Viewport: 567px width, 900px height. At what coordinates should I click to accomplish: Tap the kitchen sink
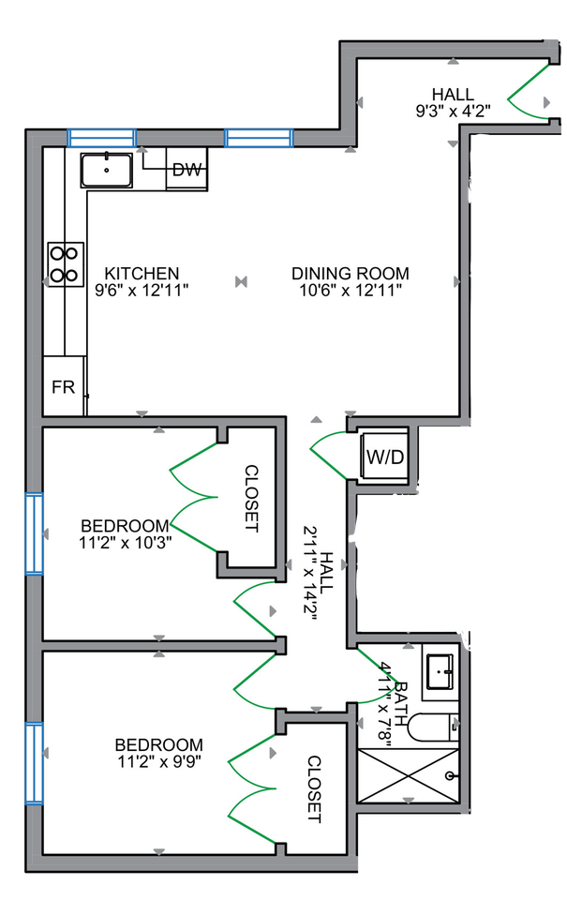(x=108, y=171)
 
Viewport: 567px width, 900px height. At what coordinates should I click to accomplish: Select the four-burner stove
(x=65, y=263)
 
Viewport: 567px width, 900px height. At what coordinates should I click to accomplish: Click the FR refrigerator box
(x=64, y=386)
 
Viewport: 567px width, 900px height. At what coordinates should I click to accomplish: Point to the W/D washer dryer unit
(x=384, y=458)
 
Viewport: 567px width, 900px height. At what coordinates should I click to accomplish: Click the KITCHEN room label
(x=142, y=274)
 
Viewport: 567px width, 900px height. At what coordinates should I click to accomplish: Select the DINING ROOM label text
(x=350, y=274)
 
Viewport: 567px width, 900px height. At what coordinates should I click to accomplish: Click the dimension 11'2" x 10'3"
(x=125, y=541)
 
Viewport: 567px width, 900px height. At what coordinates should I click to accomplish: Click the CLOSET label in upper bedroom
(x=251, y=499)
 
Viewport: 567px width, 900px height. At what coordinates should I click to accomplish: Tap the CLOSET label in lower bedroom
(x=313, y=789)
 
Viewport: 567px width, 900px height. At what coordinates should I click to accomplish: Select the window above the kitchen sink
(x=101, y=138)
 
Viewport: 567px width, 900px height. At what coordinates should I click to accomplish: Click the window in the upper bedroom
(x=34, y=533)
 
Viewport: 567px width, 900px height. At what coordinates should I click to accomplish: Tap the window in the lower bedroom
(x=34, y=763)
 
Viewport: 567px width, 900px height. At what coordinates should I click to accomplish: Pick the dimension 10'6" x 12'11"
(x=350, y=291)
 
